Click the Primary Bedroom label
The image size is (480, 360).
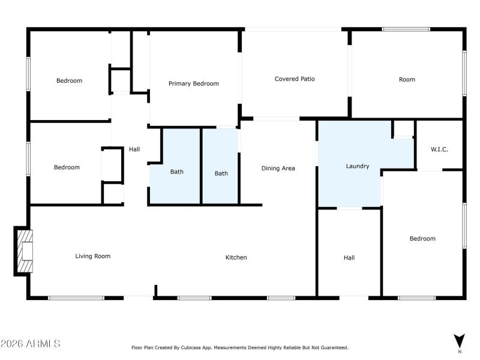tap(193, 83)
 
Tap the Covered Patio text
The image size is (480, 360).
tap(295, 79)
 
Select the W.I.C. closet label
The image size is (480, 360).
tap(439, 149)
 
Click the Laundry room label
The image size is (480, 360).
tap(357, 166)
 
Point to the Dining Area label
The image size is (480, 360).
tap(278, 168)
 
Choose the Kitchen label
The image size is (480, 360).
tap(236, 257)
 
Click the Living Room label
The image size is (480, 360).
tap(92, 256)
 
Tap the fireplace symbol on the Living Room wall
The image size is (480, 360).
tap(24, 251)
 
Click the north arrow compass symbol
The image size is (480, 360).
tap(459, 340)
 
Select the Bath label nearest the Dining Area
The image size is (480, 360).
tap(221, 173)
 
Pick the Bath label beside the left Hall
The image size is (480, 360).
tap(176, 172)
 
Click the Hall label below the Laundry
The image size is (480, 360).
tap(349, 257)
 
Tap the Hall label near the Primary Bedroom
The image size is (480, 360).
tap(134, 149)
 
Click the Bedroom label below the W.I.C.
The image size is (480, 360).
tap(422, 239)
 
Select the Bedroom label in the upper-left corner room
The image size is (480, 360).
tap(69, 80)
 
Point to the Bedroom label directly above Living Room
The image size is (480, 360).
tap(66, 167)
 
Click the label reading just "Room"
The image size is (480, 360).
tap(407, 79)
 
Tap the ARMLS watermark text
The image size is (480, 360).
tap(30, 344)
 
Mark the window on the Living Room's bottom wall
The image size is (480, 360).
tap(76, 298)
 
